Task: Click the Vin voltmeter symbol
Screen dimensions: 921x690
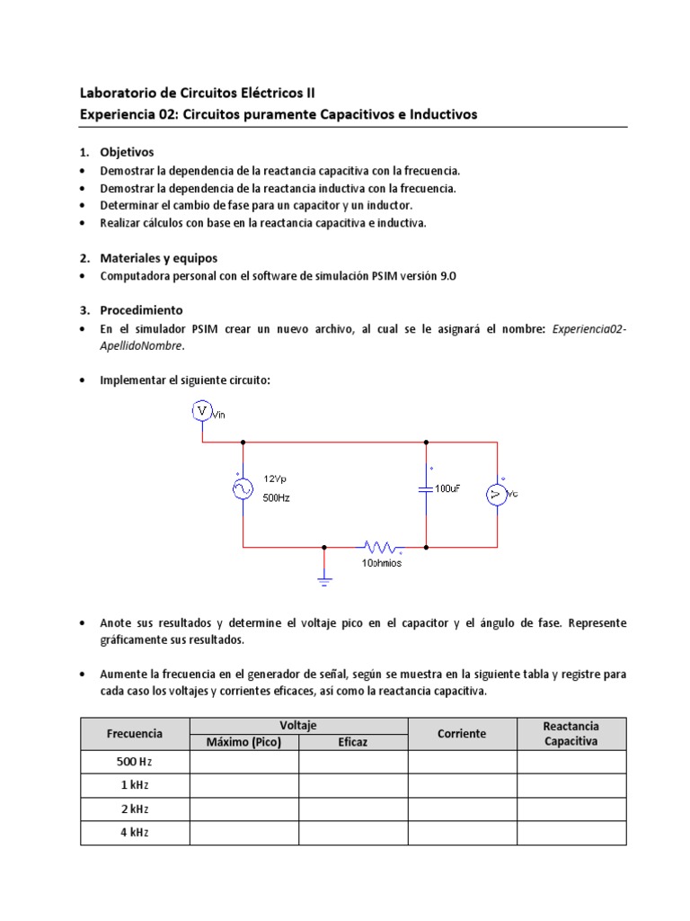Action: pos(202,411)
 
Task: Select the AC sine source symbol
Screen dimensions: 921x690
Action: pos(243,488)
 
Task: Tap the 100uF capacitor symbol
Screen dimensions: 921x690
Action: pos(426,488)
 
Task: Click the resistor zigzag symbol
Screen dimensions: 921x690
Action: pos(382,546)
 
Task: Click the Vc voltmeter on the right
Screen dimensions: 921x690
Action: pos(497,494)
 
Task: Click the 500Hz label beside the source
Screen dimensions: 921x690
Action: pos(277,497)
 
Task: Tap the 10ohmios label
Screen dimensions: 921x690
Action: pos(382,562)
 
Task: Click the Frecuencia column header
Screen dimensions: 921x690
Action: pos(135,733)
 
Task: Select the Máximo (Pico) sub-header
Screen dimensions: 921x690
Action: pos(243,742)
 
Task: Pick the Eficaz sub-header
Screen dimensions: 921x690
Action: pos(353,742)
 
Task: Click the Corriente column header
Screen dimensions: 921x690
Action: pos(462,733)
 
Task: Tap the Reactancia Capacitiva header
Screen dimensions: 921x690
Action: pos(571,733)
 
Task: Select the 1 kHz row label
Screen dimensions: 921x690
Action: pos(135,785)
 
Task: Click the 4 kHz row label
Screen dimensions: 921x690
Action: pos(135,833)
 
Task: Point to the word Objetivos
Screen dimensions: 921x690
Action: pos(127,152)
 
